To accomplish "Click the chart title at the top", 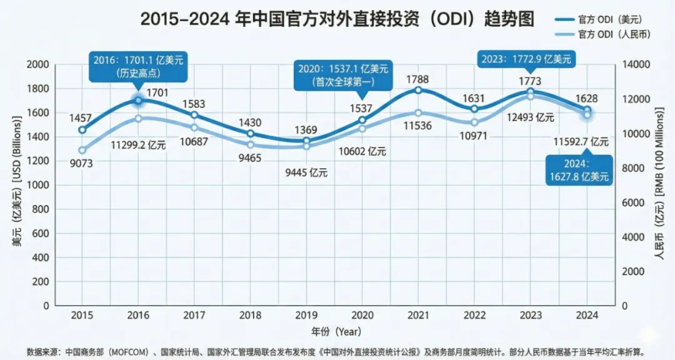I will click(x=337, y=19).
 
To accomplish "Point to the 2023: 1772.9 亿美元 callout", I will click(x=526, y=60).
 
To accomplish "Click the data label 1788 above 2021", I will click(x=418, y=79).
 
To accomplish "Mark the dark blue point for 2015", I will click(x=82, y=130).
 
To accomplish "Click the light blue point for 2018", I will click(x=251, y=145).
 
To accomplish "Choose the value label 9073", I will click(x=81, y=166).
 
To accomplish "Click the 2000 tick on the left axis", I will click(x=39, y=64).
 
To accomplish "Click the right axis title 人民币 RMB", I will click(x=659, y=184).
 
